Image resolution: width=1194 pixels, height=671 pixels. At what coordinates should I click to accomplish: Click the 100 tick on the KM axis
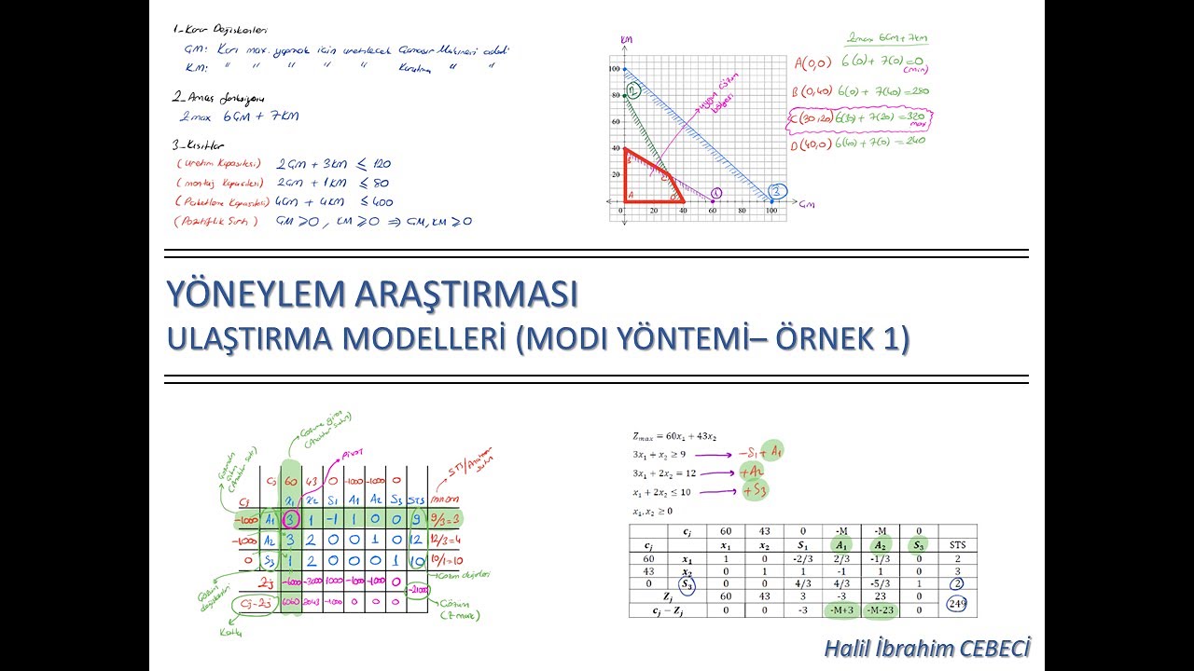pos(614,69)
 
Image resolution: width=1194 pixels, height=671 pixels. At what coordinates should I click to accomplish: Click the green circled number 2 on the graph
pos(632,90)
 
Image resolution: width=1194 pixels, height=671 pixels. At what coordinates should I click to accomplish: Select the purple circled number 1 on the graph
pos(716,194)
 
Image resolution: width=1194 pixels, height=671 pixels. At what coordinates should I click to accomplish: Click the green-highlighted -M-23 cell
pos(879,610)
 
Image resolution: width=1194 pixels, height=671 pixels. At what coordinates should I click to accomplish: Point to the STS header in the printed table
pos(956,544)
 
